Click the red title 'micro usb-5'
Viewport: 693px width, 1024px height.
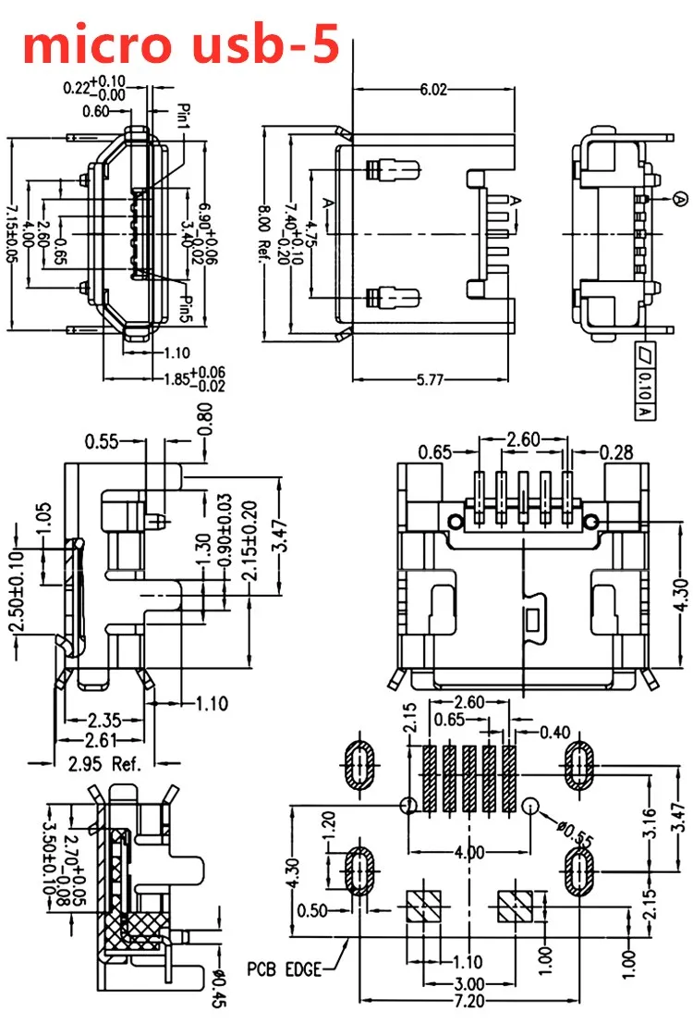(181, 43)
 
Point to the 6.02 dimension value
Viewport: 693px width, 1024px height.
(433, 89)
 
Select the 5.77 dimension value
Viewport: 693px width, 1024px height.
(430, 379)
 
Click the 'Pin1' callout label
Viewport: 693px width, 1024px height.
(183, 117)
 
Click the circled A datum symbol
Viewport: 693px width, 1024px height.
(680, 198)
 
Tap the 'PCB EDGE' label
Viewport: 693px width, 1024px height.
(285, 969)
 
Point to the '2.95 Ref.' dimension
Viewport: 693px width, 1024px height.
(104, 763)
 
